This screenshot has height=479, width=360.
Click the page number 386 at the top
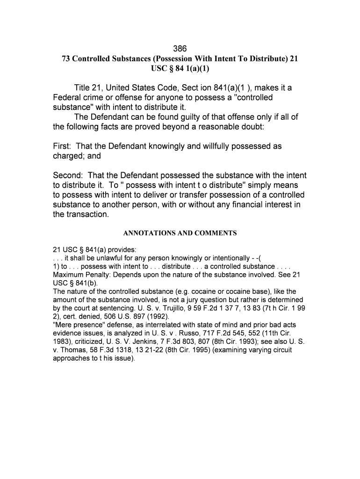[x=180, y=49]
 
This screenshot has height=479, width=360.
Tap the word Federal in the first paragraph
[x=68, y=98]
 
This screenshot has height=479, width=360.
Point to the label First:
[x=63, y=146]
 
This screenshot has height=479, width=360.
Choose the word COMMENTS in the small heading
[x=216, y=233]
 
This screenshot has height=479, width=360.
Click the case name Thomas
[x=73, y=349]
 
